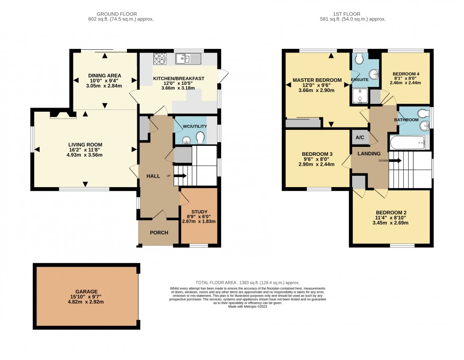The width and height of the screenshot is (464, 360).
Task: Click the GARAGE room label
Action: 86,292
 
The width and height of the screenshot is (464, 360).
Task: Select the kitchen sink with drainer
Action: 188,59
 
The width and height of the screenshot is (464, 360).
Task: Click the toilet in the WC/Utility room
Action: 200,137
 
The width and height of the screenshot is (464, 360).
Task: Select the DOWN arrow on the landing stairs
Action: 396,161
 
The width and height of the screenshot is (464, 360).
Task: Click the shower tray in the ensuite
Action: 361,96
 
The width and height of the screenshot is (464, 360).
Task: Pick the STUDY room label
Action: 199,212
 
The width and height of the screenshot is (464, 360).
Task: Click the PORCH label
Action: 159,232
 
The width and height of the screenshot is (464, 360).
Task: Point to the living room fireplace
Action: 62,114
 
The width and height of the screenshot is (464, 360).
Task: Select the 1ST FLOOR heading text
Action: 353,14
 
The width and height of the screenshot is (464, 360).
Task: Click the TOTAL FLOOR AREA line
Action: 248,282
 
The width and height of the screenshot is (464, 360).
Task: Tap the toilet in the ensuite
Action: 359,58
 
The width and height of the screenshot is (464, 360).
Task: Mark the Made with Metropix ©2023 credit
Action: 247,306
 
